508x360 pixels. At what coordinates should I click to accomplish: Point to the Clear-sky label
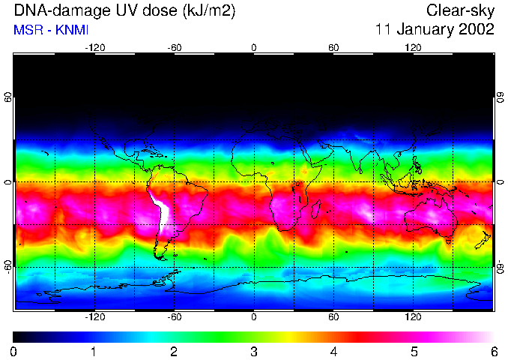(460, 10)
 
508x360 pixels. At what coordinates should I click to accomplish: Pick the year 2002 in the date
(477, 30)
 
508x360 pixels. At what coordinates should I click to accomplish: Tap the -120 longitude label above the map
(94, 47)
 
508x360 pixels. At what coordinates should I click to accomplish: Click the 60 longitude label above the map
(333, 47)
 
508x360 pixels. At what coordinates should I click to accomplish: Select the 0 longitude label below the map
(254, 316)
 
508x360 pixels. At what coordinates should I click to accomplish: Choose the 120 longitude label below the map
(413, 316)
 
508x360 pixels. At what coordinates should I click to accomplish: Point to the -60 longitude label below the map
(175, 316)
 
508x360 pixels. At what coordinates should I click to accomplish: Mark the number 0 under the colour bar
(14, 351)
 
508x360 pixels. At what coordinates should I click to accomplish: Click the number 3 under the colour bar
(254, 351)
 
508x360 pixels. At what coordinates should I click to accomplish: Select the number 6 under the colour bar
(493, 351)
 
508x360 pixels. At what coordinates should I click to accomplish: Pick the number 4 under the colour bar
(333, 351)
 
